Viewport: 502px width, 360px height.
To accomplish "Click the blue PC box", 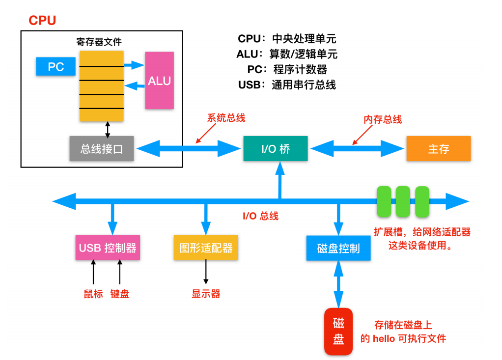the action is point(56,67).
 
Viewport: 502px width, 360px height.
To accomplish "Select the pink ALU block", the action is point(160,81).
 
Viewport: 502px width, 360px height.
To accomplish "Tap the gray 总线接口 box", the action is point(102,148).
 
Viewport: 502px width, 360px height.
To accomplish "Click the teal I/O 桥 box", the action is point(276,148).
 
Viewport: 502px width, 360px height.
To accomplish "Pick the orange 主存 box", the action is point(439,148).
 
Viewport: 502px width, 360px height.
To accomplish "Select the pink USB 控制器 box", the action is point(108,248).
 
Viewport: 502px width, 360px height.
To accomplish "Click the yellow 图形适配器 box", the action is point(206,248).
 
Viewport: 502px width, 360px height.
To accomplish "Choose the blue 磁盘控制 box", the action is point(338,249).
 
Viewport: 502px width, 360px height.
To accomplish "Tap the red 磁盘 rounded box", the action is point(338,331).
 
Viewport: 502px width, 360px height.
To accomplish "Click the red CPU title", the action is point(42,21).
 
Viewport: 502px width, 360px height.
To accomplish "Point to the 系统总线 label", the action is point(226,118).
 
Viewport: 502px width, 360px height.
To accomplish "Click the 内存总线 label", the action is point(383,119).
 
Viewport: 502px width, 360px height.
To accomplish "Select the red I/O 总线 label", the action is point(261,216).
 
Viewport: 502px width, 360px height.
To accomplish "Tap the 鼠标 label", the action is point(93,294).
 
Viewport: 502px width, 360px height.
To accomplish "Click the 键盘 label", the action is point(120,294).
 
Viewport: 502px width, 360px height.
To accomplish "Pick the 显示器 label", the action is point(206,294).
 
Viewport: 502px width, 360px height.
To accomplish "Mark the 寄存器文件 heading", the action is point(99,42).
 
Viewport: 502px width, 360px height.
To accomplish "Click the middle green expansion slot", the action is point(403,201).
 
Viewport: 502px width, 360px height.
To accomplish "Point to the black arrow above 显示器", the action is point(206,272).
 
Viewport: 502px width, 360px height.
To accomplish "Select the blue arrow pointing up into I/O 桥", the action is point(280,181).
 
